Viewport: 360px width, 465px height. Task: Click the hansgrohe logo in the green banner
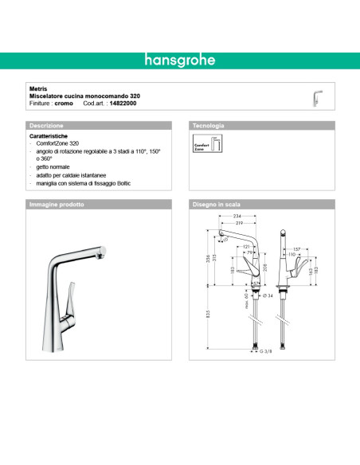179,61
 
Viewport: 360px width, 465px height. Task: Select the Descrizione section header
48,126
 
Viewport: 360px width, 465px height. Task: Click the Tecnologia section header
209,126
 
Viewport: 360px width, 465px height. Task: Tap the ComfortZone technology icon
205,145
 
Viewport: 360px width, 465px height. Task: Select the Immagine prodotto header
57,205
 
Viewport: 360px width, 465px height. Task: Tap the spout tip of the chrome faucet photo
102,252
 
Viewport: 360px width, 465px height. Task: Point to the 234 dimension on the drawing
237,217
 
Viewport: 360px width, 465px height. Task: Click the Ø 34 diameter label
270,295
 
